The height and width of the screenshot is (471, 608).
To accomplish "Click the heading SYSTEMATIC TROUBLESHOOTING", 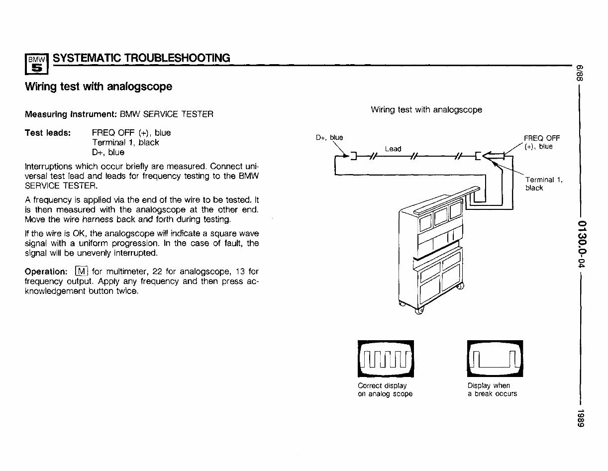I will [141, 58].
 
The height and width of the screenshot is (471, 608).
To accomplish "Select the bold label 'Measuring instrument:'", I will [71, 114].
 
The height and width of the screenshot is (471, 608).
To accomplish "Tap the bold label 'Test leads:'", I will [48, 133].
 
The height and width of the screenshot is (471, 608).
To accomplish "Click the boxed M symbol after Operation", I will [81, 272].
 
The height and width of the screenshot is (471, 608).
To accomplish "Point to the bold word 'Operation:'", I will [46, 272].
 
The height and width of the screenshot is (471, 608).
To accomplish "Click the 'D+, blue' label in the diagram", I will [329, 138].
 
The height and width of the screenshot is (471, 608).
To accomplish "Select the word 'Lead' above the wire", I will [393, 149].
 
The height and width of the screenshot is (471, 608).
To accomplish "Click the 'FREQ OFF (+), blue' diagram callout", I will [541, 142].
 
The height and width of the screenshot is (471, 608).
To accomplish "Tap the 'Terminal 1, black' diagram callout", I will [544, 184].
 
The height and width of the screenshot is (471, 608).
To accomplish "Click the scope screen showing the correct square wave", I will [386, 359].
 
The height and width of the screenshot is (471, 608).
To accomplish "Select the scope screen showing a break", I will [496, 359].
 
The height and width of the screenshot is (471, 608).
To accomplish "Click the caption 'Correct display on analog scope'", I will [385, 390].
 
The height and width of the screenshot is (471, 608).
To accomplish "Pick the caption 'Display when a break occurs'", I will [492, 390].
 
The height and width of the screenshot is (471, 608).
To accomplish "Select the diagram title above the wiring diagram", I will [426, 110].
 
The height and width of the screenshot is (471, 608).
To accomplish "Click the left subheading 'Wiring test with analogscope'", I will [99, 87].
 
